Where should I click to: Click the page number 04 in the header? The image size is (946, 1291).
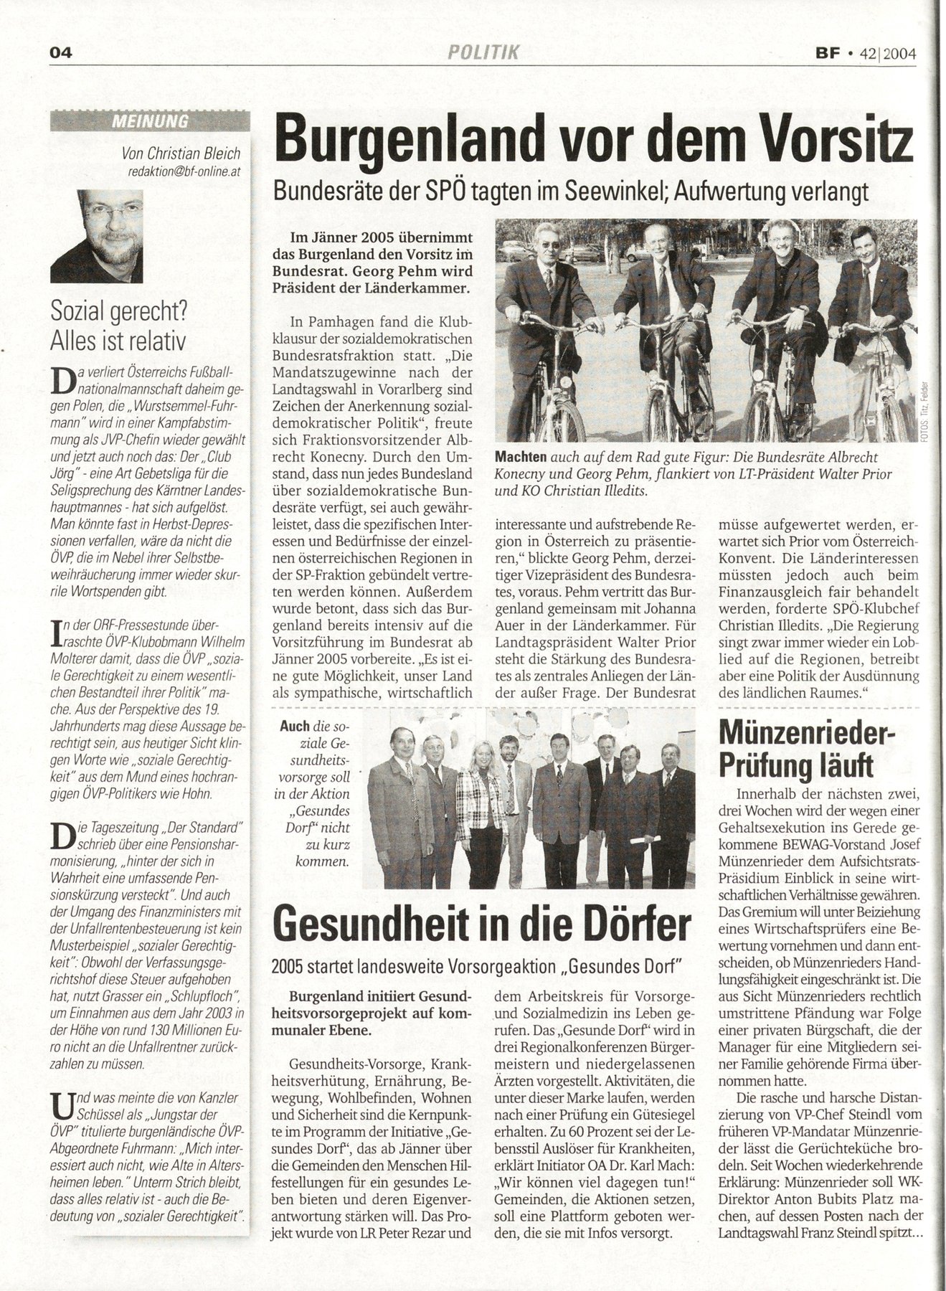pyautogui.click(x=64, y=52)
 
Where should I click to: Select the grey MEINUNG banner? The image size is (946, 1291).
pyautogui.click(x=150, y=121)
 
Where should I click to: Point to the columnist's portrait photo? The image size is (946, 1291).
pyautogui.click(x=96, y=236)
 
